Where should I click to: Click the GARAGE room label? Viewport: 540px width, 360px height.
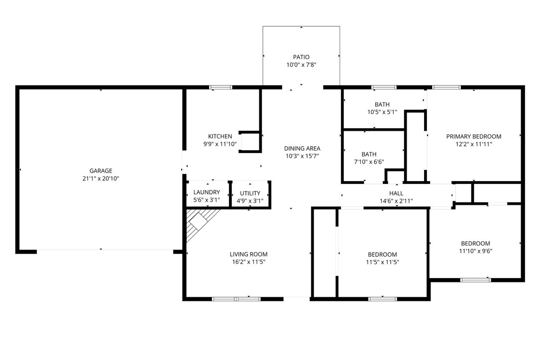pyautogui.click(x=101, y=171)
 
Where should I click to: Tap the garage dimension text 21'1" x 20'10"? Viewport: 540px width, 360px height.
pyautogui.click(x=101, y=179)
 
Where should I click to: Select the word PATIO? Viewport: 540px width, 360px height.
pyautogui.click(x=301, y=57)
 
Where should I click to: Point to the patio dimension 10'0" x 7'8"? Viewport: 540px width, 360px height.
pyautogui.click(x=301, y=65)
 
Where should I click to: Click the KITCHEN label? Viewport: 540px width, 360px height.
pyautogui.click(x=220, y=136)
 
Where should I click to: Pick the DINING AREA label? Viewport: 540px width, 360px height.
pyautogui.click(x=302, y=148)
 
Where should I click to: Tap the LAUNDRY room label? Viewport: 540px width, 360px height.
pyautogui.click(x=207, y=192)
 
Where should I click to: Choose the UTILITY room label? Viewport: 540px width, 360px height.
pyautogui.click(x=250, y=193)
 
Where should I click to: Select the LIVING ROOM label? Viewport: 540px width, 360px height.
pyautogui.click(x=249, y=255)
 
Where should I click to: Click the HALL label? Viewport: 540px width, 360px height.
pyautogui.click(x=396, y=193)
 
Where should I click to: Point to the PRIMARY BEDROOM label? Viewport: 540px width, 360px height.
pyautogui.click(x=474, y=136)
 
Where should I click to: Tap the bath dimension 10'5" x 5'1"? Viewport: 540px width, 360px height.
pyautogui.click(x=382, y=112)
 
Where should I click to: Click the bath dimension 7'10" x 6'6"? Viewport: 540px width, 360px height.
pyautogui.click(x=369, y=162)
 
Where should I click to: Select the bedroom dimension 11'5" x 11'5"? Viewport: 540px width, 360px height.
pyautogui.click(x=383, y=262)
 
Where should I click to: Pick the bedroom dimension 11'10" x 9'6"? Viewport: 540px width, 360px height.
pyautogui.click(x=476, y=251)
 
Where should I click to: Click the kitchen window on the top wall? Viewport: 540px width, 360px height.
pyautogui.click(x=221, y=87)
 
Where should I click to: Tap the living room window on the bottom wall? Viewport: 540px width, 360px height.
pyautogui.click(x=236, y=299)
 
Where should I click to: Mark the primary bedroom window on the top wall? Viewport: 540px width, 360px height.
pyautogui.click(x=446, y=87)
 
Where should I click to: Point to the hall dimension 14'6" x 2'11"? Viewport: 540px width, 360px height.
pyautogui.click(x=396, y=201)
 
